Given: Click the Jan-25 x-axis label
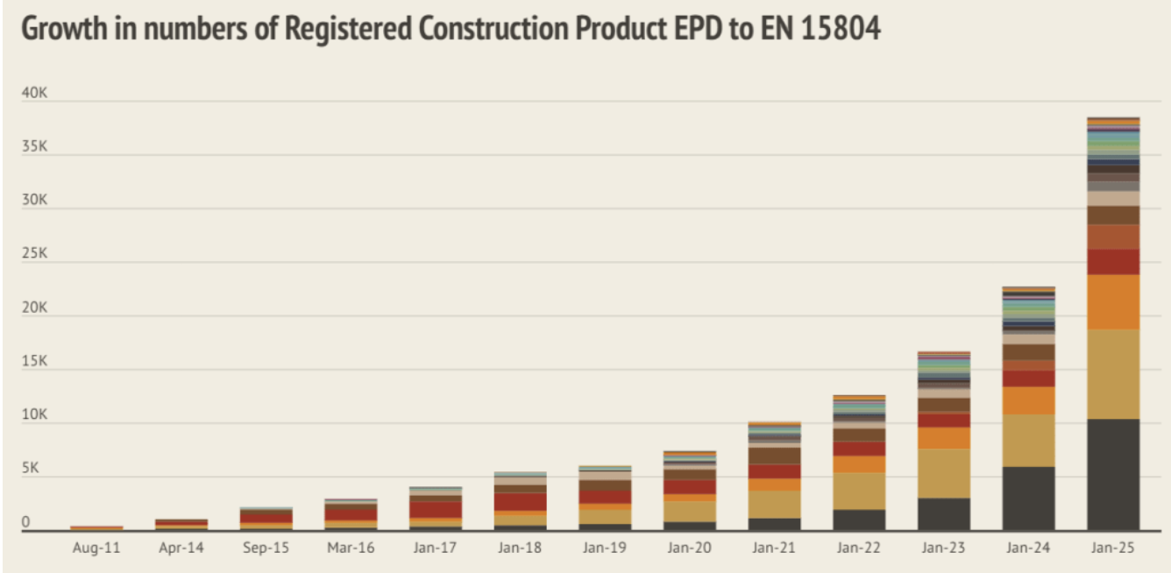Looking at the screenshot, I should click(x=1113, y=548).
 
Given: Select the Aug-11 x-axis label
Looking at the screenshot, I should click(x=96, y=548).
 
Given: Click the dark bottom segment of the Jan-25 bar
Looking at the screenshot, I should click(x=1113, y=474).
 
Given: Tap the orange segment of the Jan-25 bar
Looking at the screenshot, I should click(x=1113, y=301).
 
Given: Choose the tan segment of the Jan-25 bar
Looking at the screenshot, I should click(x=1113, y=373).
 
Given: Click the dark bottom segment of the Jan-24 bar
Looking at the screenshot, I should click(x=1028, y=498).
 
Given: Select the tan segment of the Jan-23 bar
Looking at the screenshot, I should click(x=943, y=473).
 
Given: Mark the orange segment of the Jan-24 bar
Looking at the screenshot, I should click(x=1028, y=400).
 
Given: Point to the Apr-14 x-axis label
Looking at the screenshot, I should click(x=181, y=548).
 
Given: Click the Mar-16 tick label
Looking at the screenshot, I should click(x=351, y=548).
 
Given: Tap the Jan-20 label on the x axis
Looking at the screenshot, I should click(x=689, y=548).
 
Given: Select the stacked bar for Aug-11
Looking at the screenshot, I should click(x=96, y=527).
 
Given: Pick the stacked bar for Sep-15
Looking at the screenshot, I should click(x=266, y=519).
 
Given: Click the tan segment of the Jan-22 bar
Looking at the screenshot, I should click(x=859, y=491).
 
